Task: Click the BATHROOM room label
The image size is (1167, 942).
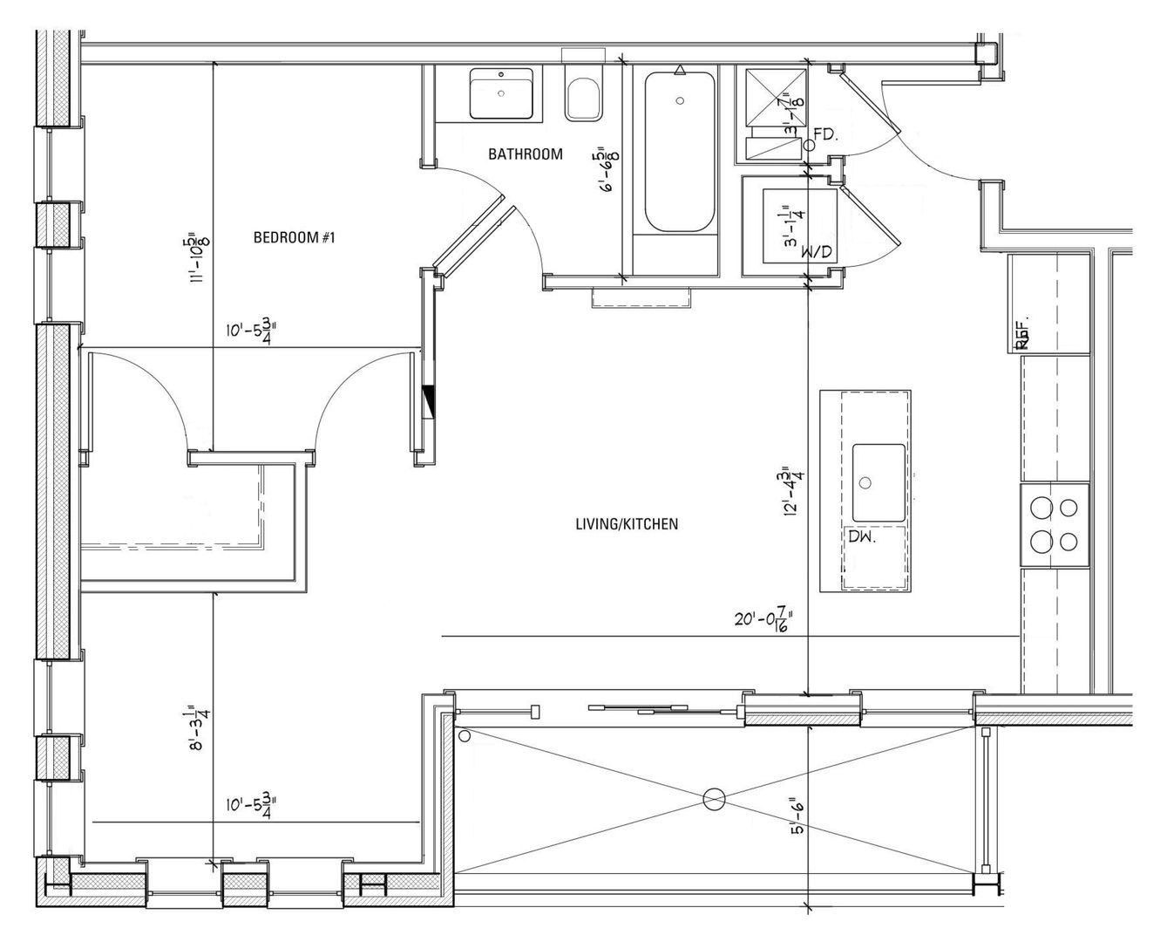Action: tap(525, 154)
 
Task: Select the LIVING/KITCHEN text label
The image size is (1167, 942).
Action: tap(627, 524)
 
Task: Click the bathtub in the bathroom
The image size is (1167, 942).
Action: tap(680, 153)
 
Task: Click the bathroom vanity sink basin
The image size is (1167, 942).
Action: tap(502, 94)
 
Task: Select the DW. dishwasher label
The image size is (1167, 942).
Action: tap(862, 538)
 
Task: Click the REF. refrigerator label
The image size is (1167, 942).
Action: tap(1024, 333)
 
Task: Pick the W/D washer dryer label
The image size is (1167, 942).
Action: tap(817, 253)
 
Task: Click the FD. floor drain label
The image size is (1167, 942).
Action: tap(825, 134)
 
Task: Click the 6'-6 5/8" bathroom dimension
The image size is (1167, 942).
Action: tap(604, 169)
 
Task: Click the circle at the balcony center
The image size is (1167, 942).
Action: tap(714, 797)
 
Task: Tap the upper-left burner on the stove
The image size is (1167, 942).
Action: tap(1041, 507)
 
